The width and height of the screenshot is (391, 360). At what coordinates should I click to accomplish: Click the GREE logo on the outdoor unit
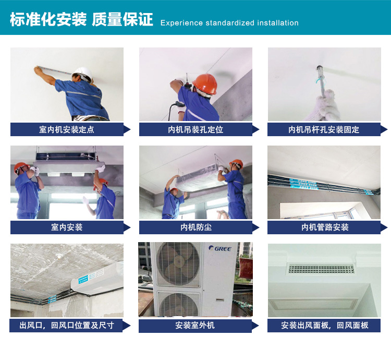tap(220, 248)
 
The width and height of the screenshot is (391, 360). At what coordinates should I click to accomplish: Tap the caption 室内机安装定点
tap(67, 129)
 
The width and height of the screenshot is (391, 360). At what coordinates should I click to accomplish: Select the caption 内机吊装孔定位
tap(195, 129)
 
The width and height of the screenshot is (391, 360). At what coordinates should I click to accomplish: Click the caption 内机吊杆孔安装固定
tap(324, 129)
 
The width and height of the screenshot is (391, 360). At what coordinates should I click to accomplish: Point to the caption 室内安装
tap(67, 227)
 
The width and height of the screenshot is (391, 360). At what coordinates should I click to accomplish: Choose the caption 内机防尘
tap(196, 227)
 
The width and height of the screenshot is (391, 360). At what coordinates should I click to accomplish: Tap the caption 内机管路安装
tap(325, 227)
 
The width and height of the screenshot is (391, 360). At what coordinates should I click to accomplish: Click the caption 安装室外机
tap(195, 326)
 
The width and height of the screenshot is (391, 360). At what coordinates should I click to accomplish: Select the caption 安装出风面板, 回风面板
tap(324, 326)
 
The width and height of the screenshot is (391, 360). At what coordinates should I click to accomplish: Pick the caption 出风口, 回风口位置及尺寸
tap(67, 326)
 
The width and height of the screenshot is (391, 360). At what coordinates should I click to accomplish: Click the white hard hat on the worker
tap(82, 74)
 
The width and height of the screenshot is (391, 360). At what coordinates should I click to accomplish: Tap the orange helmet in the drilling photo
tap(205, 83)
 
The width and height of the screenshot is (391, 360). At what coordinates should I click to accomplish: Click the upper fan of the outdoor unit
tap(178, 264)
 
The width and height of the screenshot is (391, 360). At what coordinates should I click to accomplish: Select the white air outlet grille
tap(321, 269)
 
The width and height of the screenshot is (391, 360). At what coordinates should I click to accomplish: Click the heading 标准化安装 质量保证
tap(81, 19)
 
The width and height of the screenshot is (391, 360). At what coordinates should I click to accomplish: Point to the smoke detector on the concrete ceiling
tap(59, 256)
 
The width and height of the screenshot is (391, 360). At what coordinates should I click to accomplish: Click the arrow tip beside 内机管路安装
tap(387, 227)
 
